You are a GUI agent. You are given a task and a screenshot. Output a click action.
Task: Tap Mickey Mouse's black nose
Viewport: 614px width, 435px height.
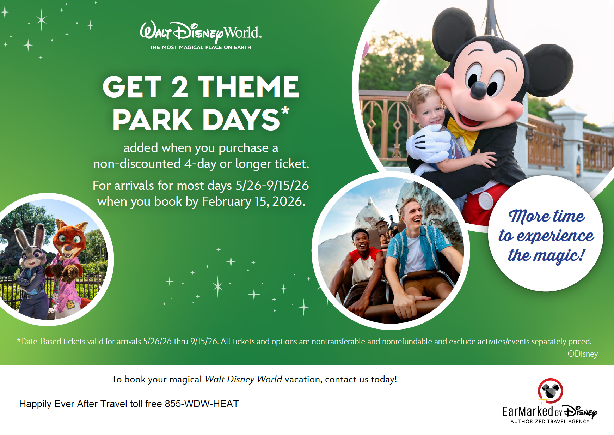(x=479, y=90)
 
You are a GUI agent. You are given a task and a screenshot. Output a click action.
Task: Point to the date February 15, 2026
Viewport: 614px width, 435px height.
(x=253, y=201)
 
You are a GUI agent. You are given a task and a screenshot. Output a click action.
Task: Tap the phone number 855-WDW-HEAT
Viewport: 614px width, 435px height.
(x=202, y=404)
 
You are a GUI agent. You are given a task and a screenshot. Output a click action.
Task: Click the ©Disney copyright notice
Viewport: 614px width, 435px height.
(x=583, y=354)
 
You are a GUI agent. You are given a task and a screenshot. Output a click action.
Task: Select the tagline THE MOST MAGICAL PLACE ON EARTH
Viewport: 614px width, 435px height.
(x=200, y=47)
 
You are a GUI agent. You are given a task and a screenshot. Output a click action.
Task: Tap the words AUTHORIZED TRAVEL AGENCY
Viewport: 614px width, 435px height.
(x=550, y=421)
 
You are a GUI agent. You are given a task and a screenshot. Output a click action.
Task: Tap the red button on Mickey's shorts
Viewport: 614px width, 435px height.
(x=486, y=201)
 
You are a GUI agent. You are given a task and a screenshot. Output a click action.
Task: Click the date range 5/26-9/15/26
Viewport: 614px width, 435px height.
(x=272, y=186)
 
